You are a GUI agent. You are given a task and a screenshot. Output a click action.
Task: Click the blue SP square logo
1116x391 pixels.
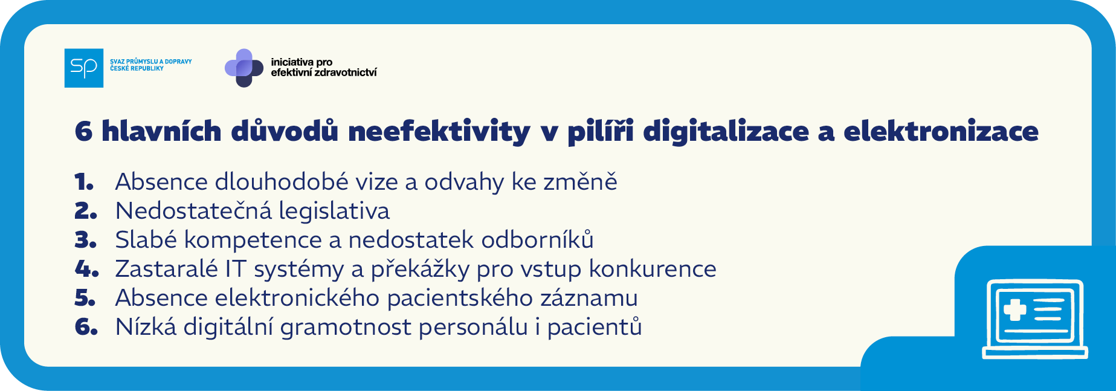click(x=84, y=68)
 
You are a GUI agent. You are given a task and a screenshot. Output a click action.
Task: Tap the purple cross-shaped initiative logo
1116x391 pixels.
click(x=244, y=68)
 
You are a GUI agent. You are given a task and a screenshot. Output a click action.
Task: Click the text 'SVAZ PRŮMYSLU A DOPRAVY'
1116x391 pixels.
click(x=151, y=62)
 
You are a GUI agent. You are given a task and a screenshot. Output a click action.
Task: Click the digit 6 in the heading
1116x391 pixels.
click(x=83, y=132)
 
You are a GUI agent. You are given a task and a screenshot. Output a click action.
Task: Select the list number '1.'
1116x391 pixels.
click(x=84, y=182)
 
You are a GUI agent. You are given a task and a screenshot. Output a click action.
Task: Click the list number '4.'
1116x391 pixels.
click(x=86, y=269)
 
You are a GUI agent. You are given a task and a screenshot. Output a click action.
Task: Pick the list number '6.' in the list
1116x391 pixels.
click(x=86, y=327)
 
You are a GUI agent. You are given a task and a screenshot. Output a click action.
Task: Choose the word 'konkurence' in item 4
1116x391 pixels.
click(x=653, y=269)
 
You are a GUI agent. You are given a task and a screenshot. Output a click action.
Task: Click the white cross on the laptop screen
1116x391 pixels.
click(x=1014, y=309)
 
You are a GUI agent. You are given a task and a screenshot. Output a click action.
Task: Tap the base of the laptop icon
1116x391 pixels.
click(x=1035, y=353)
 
